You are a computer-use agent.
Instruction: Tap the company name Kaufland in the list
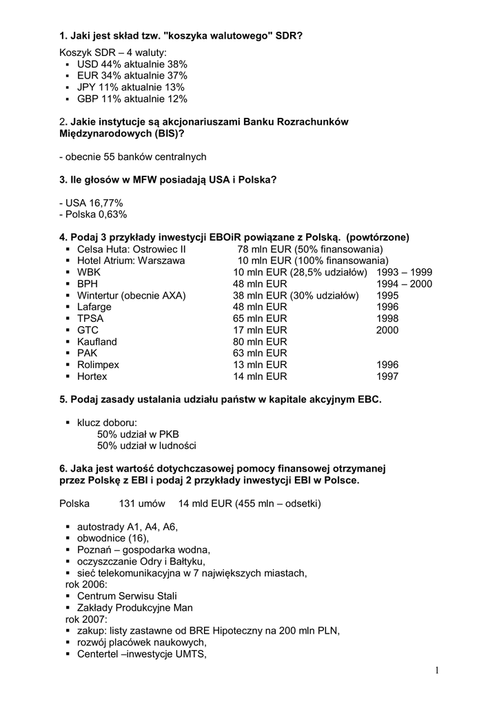tap(97, 342)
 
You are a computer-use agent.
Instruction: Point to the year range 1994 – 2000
tap(405, 284)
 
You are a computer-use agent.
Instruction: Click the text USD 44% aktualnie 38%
tap(132, 64)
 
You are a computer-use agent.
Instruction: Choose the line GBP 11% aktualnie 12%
tap(132, 99)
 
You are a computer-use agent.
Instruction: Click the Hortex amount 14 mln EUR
tap(260, 377)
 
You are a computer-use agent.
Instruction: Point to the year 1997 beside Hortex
tap(387, 377)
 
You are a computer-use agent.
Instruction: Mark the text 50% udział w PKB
tap(138, 434)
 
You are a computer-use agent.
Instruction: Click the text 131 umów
tap(142, 504)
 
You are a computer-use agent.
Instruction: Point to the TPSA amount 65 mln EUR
tap(260, 319)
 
